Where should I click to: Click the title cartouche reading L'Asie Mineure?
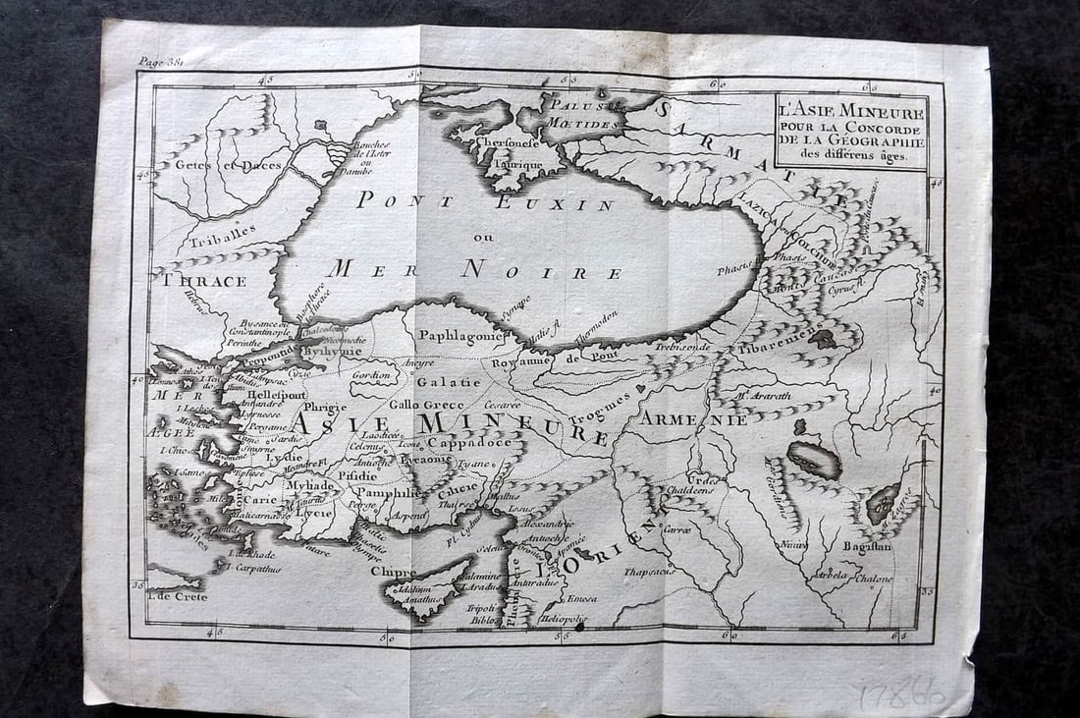(850, 131)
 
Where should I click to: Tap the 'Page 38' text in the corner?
(162, 61)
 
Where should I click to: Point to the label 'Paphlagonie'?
(459, 335)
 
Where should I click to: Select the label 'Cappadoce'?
(469, 443)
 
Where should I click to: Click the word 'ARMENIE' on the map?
(694, 419)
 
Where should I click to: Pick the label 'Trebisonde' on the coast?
(683, 348)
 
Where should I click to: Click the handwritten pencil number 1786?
(901, 694)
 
